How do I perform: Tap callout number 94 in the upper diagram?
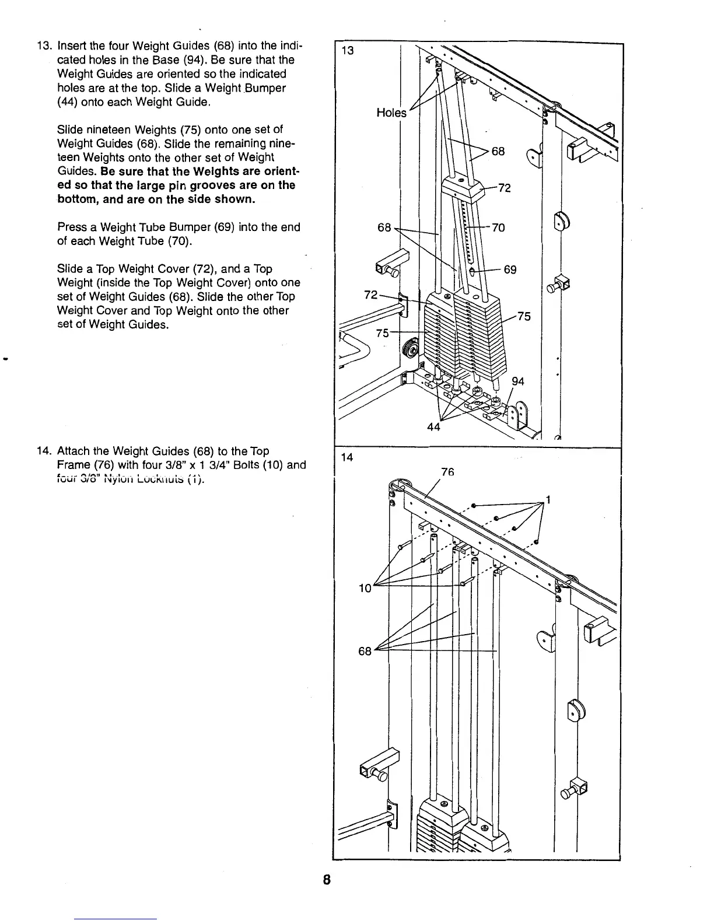(x=517, y=381)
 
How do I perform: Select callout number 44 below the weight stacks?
(x=433, y=426)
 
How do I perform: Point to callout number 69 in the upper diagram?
(x=510, y=270)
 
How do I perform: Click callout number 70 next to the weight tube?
(x=498, y=228)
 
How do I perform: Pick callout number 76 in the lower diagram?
(x=447, y=471)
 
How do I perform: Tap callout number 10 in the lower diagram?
(x=365, y=588)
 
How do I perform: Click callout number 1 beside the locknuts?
(x=547, y=499)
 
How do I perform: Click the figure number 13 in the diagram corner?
(x=348, y=51)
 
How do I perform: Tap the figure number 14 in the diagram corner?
(x=348, y=457)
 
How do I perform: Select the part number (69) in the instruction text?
(x=227, y=227)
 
